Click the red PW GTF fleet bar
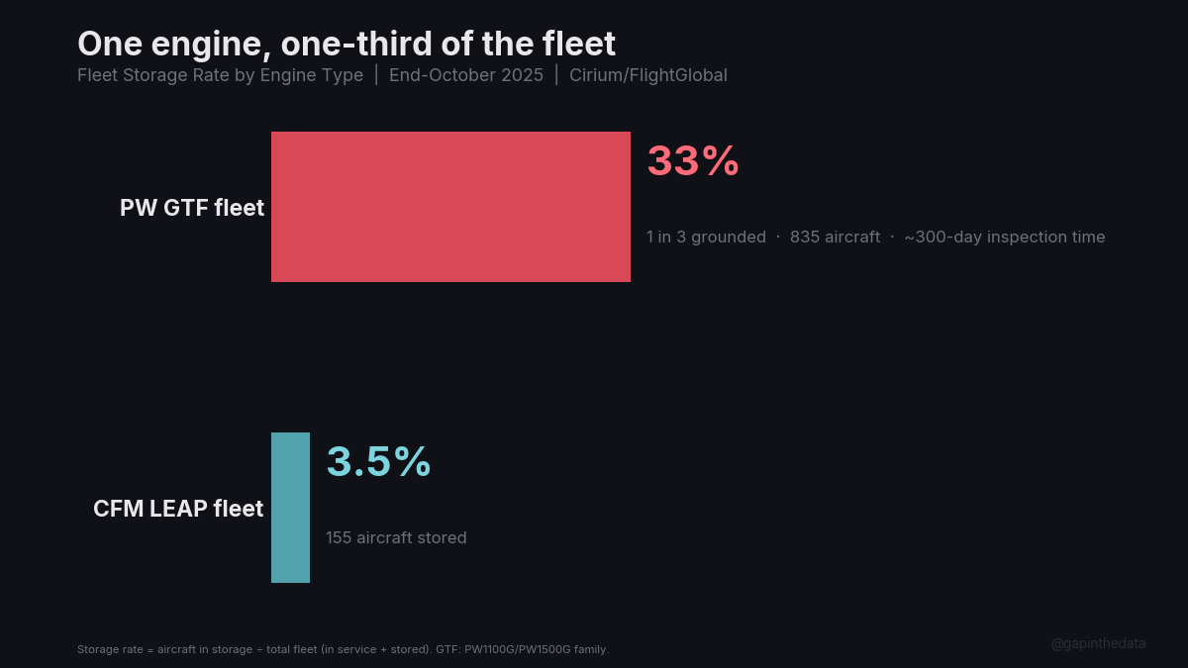(x=450, y=207)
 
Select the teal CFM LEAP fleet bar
(x=290, y=508)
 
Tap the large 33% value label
(x=693, y=161)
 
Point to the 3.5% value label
(x=378, y=462)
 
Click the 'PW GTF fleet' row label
(x=192, y=208)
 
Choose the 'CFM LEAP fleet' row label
(x=178, y=509)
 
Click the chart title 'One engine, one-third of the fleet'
(x=346, y=44)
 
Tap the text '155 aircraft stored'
(x=396, y=538)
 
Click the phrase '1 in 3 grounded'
(x=706, y=238)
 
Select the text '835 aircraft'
(x=835, y=238)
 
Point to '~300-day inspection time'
(x=1004, y=238)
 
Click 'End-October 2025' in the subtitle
(x=466, y=75)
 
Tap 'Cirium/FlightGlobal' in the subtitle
(x=648, y=75)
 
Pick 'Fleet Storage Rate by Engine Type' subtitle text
(x=220, y=75)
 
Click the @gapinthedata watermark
(x=1098, y=643)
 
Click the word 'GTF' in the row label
(x=185, y=208)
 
